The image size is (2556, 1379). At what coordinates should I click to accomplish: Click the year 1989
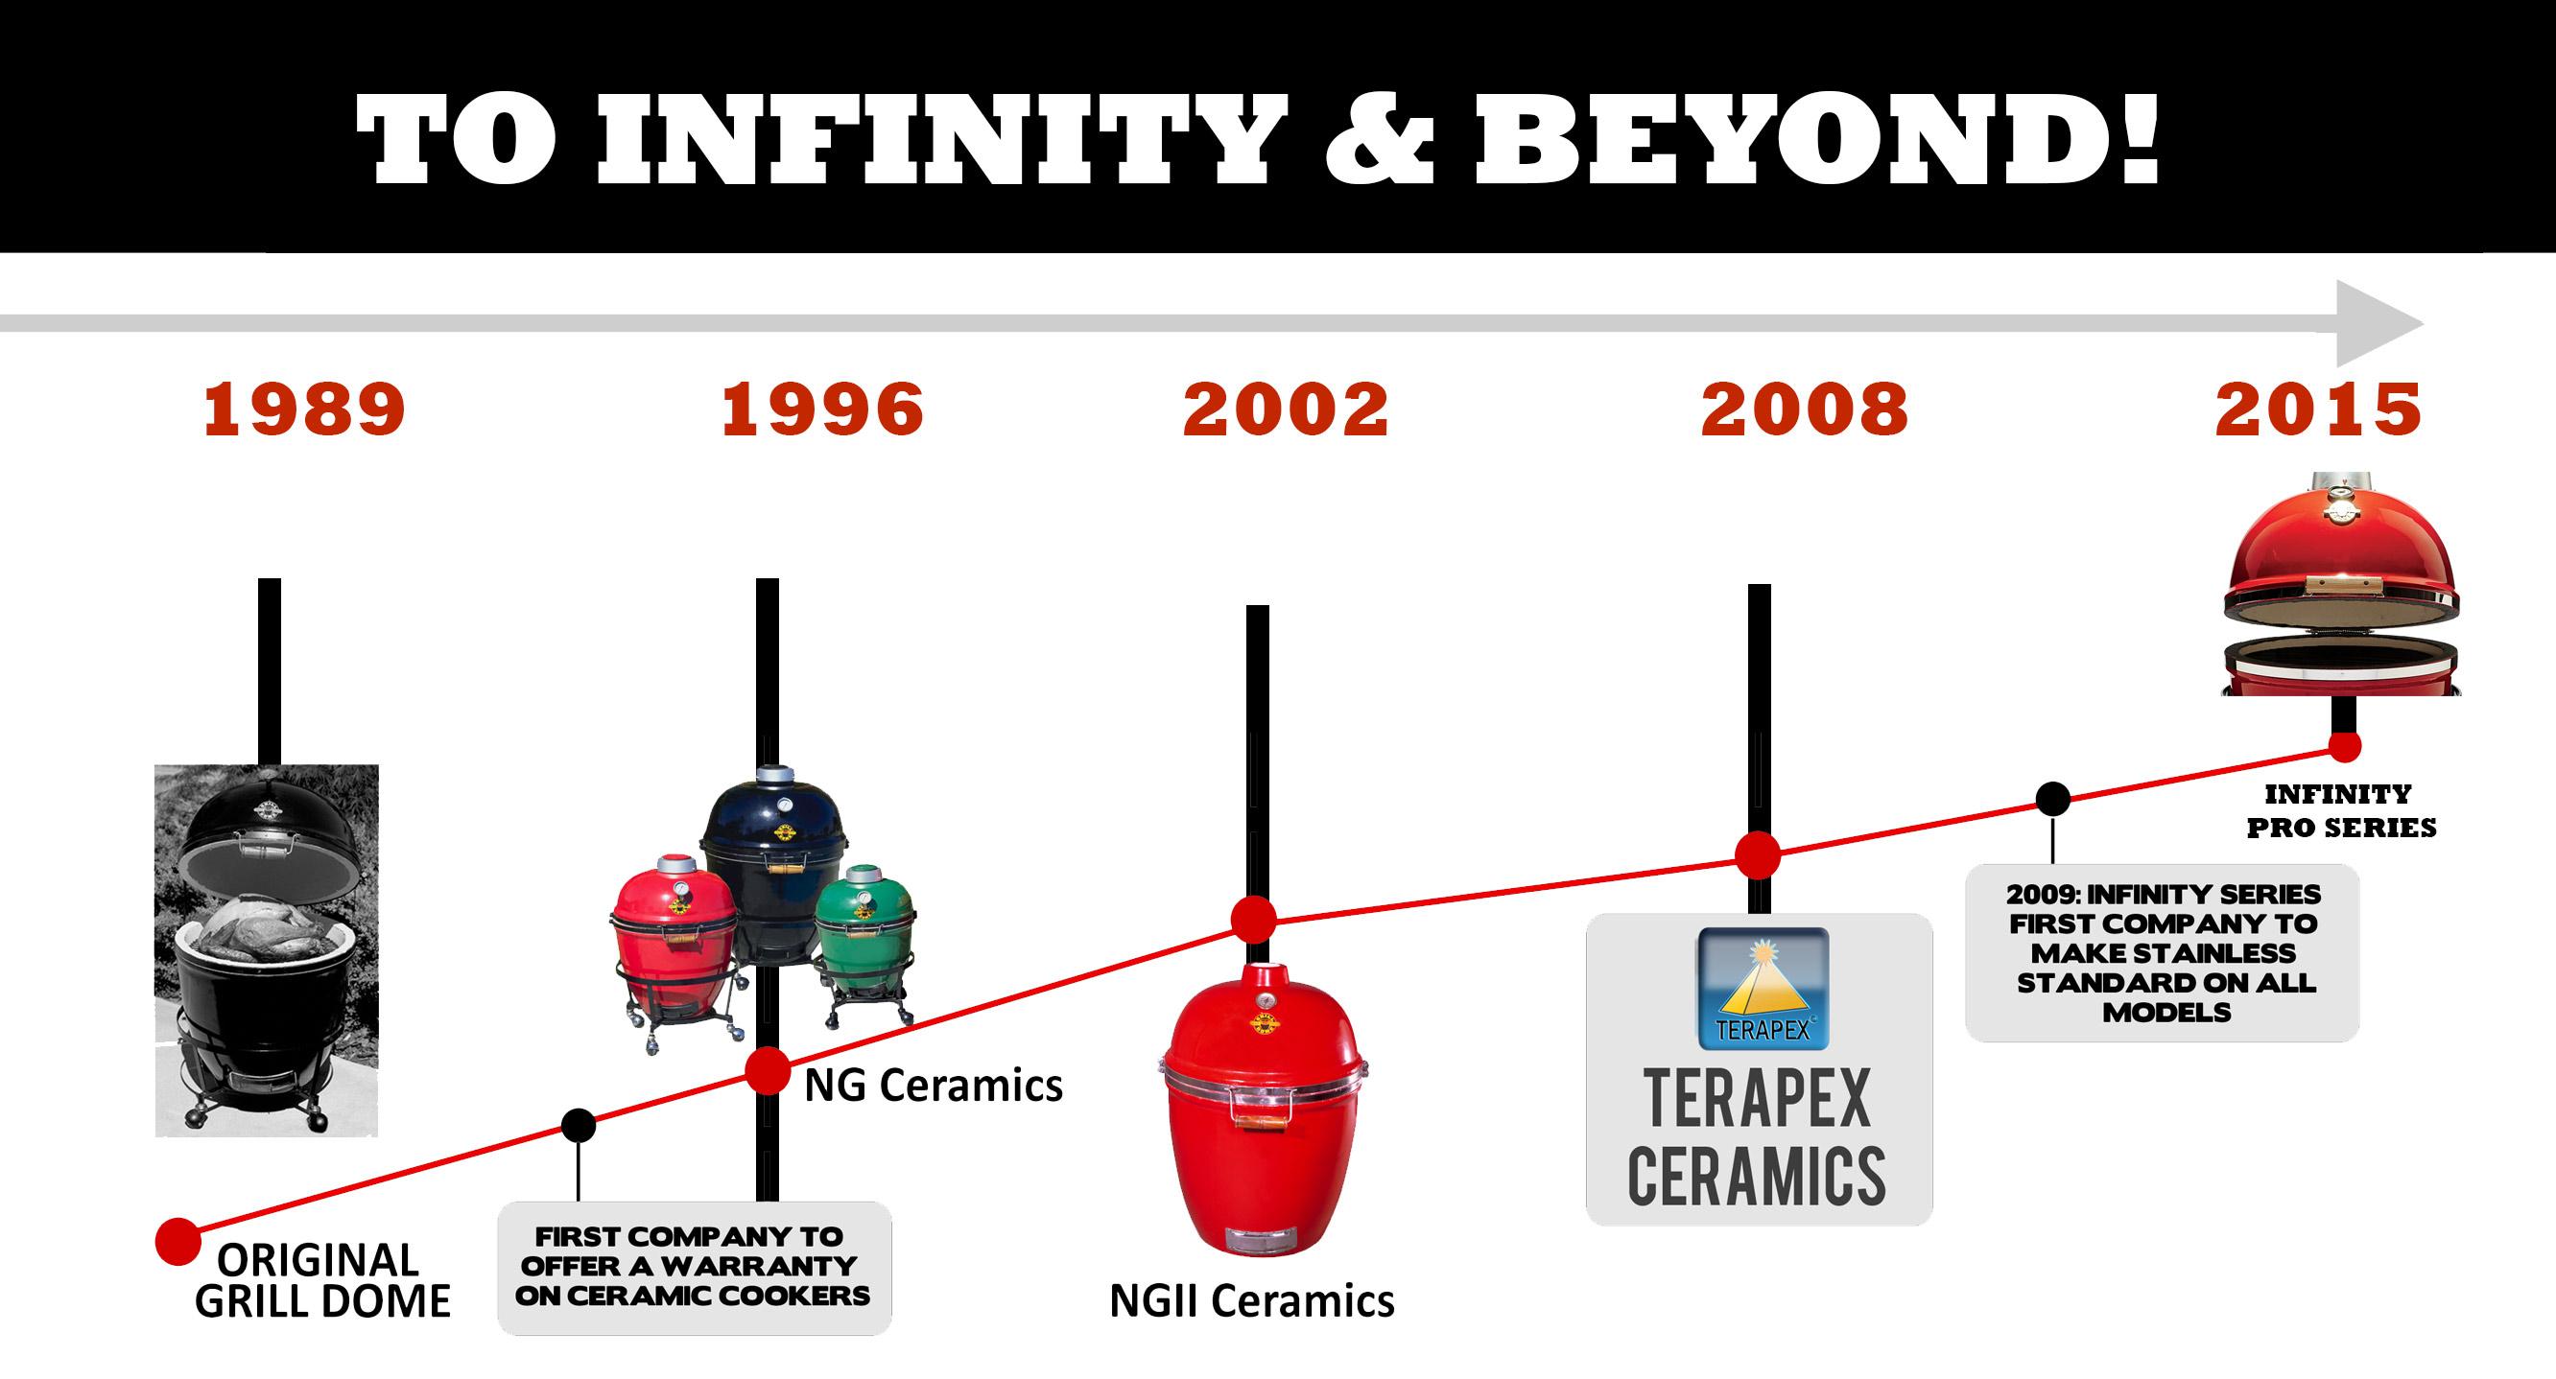tap(304, 409)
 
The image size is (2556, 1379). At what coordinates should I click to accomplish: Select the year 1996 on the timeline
tap(822, 409)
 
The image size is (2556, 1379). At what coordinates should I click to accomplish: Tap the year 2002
tap(1286, 409)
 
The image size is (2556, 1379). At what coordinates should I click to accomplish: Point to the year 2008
tap(1805, 409)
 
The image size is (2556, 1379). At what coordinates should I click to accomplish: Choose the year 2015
tap(2319, 409)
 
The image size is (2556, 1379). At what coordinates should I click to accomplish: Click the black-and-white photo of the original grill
tap(267, 950)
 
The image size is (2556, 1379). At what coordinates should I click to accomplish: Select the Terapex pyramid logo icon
tap(1763, 988)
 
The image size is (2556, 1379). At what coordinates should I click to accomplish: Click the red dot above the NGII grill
tap(1254, 920)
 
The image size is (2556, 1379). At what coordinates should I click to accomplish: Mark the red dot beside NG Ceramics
tap(767, 1070)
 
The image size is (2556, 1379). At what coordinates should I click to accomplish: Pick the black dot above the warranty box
tap(579, 1125)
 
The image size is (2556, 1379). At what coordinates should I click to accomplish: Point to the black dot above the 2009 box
tap(2053, 799)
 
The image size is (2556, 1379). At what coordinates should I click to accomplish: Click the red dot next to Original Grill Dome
tap(178, 1242)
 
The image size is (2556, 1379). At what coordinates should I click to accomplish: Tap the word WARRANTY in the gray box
tap(759, 1266)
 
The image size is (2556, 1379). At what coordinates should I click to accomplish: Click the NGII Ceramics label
tap(1252, 1300)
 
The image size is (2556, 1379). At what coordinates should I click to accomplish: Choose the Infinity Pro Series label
tap(2341, 810)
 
